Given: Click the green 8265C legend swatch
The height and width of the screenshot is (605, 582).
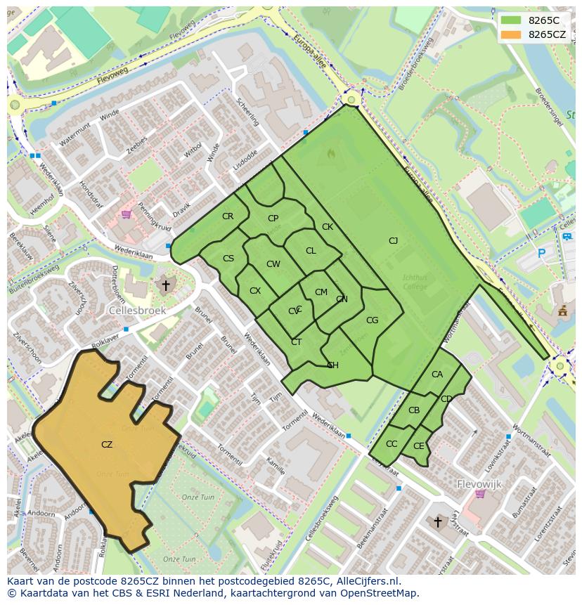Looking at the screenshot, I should (x=511, y=20).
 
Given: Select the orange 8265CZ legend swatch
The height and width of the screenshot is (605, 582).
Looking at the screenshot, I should (x=511, y=34).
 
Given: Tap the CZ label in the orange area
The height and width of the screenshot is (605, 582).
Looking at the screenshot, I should (x=107, y=444).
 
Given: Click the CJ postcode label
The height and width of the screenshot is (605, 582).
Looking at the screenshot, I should (x=394, y=241).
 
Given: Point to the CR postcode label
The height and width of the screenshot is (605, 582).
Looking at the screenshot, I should (x=228, y=216).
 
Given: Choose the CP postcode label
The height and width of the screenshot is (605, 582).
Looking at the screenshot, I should (x=273, y=219).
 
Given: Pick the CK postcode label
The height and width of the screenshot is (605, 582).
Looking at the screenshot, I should (x=328, y=227).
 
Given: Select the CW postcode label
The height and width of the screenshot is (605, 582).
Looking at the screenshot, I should (x=273, y=264).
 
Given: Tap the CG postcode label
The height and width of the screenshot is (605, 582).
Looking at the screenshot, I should (x=373, y=320).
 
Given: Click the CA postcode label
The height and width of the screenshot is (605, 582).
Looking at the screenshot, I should (x=437, y=375).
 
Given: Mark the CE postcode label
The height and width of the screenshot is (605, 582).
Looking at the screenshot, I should (x=419, y=446).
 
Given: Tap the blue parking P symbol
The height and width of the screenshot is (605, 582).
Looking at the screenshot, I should (x=541, y=252).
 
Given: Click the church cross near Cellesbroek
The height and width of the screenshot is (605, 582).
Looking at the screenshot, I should (x=166, y=285).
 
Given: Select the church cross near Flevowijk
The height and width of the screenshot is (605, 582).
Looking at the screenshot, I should (x=438, y=521).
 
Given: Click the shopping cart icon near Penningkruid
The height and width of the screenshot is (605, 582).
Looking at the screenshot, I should (x=127, y=214).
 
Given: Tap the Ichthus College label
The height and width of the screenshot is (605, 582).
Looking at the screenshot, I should (x=415, y=282).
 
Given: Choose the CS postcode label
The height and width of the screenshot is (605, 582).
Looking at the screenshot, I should (x=228, y=259).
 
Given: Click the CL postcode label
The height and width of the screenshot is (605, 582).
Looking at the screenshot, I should (x=311, y=251).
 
